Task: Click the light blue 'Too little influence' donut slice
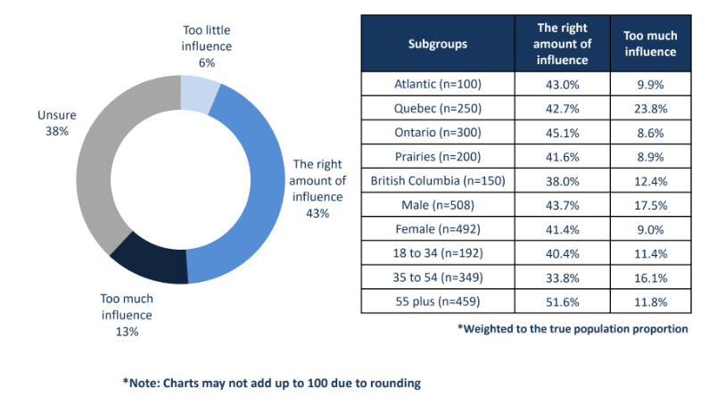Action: [199, 93]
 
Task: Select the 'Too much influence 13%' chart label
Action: [126, 315]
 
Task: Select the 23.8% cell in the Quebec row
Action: [649, 108]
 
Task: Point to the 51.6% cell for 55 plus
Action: [562, 301]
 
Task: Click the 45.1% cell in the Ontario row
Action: [562, 132]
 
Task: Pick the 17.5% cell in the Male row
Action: [649, 205]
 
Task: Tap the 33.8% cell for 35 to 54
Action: [562, 276]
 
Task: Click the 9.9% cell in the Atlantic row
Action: [649, 84]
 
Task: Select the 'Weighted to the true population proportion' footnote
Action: [573, 328]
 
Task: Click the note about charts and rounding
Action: [272, 382]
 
